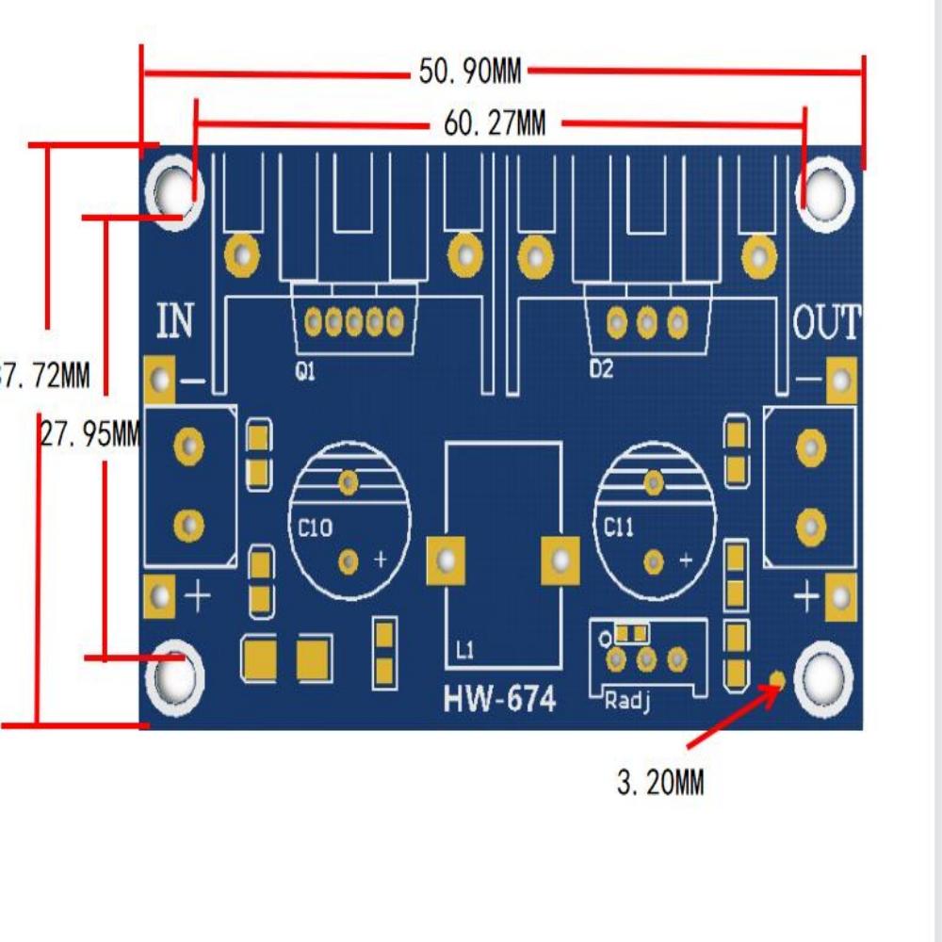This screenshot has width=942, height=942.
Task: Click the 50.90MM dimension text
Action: (x=469, y=71)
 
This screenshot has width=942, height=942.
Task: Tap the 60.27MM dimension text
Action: (x=495, y=123)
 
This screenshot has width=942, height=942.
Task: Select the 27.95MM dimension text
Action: (x=90, y=434)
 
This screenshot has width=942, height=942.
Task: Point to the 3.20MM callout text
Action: (x=660, y=782)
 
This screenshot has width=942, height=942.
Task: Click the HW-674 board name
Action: (x=499, y=700)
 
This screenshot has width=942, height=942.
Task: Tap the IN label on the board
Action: (x=175, y=321)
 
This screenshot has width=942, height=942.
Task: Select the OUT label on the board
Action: (x=826, y=323)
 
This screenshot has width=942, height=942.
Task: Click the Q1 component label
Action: (x=304, y=372)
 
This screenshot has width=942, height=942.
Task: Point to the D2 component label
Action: (x=601, y=369)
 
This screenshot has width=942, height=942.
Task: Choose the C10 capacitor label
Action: (x=315, y=528)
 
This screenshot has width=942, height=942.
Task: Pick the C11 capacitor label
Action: (x=619, y=528)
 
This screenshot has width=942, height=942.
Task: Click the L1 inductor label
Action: (x=464, y=650)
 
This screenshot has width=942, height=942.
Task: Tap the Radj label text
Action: (x=625, y=700)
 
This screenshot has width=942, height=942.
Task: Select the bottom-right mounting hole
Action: (x=824, y=678)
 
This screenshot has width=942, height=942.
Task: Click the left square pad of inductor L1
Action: (x=447, y=561)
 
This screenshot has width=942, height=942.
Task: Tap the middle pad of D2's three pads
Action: (x=646, y=324)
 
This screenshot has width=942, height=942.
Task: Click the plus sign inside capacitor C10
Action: (x=381, y=560)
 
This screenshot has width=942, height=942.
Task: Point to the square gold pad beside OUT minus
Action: (x=840, y=382)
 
